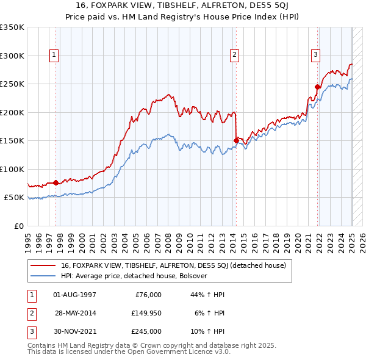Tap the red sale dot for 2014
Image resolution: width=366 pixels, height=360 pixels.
236,140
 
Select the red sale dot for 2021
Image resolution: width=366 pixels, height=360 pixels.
318,87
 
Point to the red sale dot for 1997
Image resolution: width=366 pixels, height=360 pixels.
56,182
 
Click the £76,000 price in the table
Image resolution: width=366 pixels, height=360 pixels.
148,295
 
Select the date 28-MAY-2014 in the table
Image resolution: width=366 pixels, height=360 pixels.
75,313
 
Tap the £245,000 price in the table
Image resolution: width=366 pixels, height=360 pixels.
146,331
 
